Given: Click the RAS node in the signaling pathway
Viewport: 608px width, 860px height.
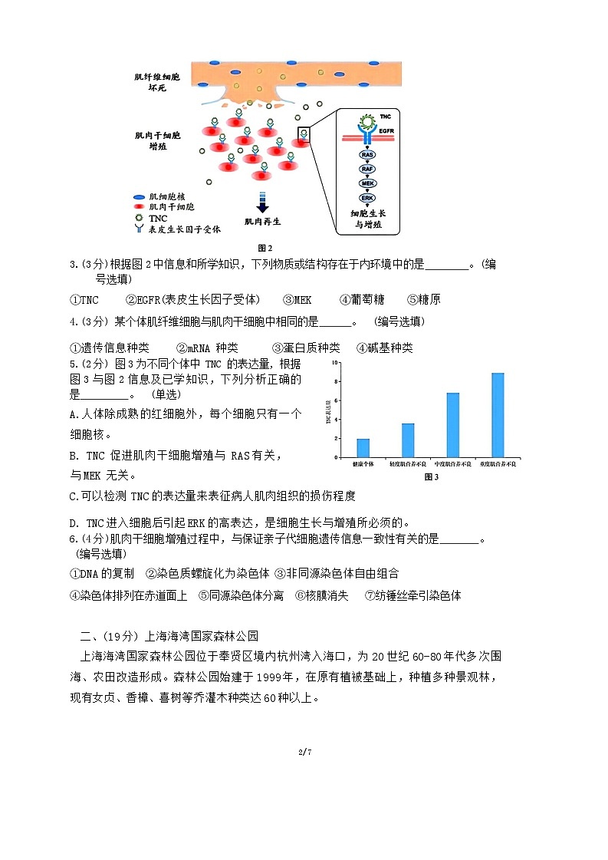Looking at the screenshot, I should coord(367,154).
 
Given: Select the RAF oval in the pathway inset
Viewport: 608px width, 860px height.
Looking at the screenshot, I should coord(367,169).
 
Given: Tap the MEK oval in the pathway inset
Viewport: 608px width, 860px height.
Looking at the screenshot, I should coord(367,183).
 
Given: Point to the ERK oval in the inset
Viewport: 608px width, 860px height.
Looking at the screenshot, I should coord(367,198).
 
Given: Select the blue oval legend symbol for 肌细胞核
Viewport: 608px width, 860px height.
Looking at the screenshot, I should coord(139,197).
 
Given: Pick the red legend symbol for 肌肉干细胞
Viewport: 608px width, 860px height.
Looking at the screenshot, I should coord(139,207).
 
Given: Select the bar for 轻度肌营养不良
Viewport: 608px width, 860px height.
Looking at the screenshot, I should coord(408,440).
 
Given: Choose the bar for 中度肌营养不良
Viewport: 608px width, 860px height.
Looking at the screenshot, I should coord(452,425).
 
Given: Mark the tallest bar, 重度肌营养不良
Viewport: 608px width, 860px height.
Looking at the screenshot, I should coord(498,415).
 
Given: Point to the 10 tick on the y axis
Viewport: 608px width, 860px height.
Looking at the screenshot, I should coord(336,361).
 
